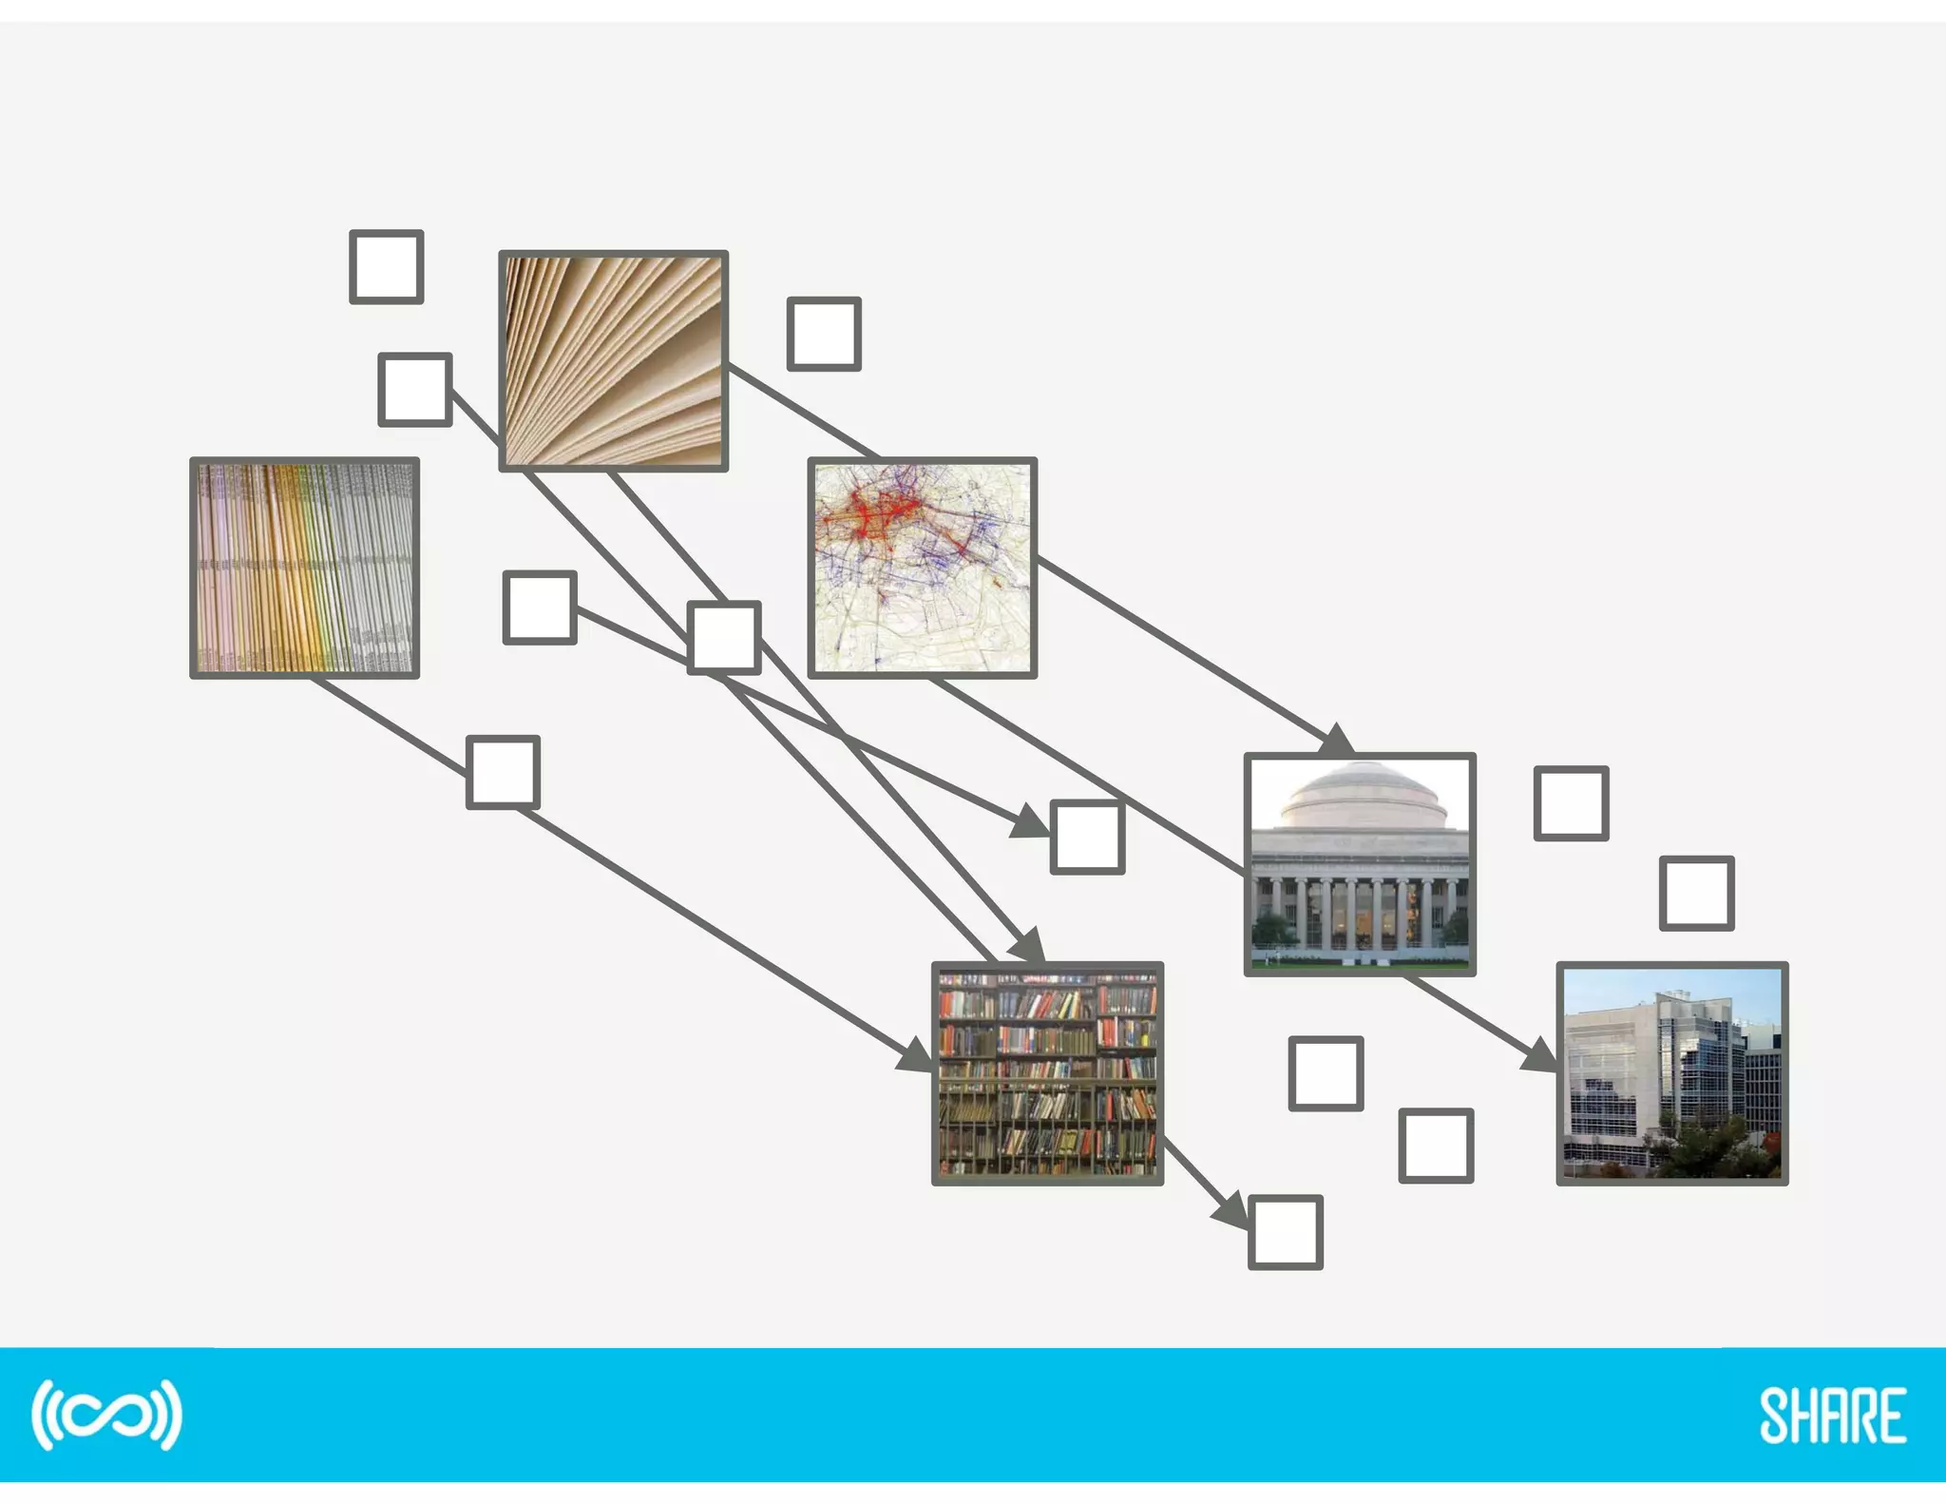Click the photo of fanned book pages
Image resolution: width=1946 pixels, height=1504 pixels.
613,361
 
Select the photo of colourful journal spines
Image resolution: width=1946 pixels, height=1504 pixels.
304,568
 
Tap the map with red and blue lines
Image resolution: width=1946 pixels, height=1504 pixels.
922,568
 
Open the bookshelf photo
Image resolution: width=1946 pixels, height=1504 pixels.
1047,1073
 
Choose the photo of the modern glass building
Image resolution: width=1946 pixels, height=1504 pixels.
1671,1073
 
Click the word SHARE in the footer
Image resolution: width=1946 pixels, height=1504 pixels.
1832,1417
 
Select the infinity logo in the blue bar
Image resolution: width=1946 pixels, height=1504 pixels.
106,1415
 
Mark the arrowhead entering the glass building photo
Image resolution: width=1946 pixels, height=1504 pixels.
1539,1055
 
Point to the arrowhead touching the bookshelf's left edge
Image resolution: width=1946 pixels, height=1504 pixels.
917,1055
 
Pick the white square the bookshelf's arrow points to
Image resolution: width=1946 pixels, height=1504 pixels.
1285,1232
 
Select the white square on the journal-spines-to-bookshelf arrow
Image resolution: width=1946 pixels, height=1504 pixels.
503,772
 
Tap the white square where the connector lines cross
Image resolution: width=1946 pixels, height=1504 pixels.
723,637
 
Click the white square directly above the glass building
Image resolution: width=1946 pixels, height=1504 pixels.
1696,893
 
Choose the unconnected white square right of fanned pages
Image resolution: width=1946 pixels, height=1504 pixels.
824,334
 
